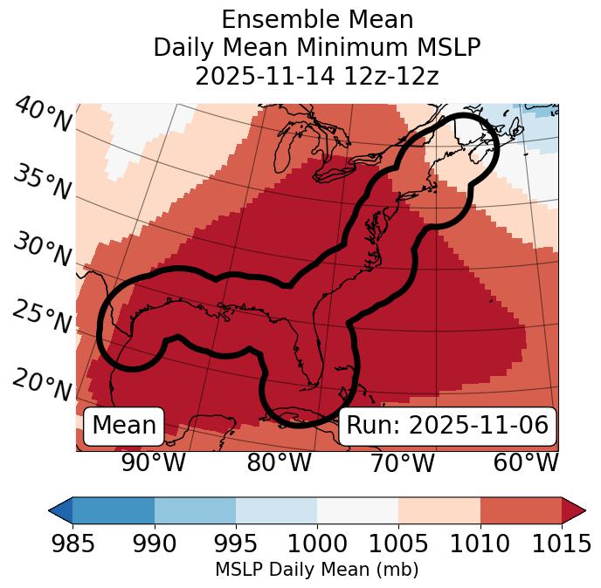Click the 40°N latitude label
point(42,116)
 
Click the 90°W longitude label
point(154,463)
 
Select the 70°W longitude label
point(402,463)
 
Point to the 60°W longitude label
point(526,463)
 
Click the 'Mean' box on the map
point(124,426)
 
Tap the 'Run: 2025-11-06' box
point(447,426)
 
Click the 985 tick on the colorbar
point(73,544)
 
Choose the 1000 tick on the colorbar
point(317,544)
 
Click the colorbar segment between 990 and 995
point(195,509)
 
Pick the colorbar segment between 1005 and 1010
point(439,509)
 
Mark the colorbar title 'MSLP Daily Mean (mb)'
point(316,571)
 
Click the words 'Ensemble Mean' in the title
point(317,19)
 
